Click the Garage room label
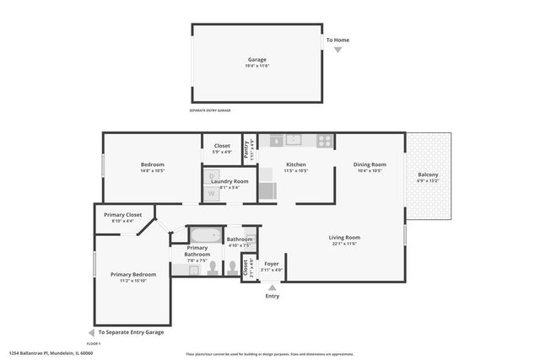pyautogui.click(x=256, y=60)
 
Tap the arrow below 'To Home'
pyautogui.click(x=337, y=50)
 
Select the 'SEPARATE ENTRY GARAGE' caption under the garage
pyautogui.click(x=209, y=110)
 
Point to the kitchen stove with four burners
pyautogui.click(x=325, y=141)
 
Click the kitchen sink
pyautogui.click(x=294, y=140)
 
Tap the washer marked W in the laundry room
pyautogui.click(x=213, y=193)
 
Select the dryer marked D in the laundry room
pyautogui.click(x=213, y=178)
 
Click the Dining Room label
pyautogui.click(x=370, y=164)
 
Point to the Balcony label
pyautogui.click(x=428, y=175)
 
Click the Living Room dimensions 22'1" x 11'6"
pyautogui.click(x=344, y=244)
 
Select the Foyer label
pyautogui.click(x=272, y=263)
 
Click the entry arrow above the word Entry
pyautogui.click(x=272, y=287)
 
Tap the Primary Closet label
pyautogui.click(x=123, y=215)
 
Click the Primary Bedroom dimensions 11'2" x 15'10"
pyautogui.click(x=133, y=280)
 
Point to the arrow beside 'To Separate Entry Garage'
pyautogui.click(x=91, y=332)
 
